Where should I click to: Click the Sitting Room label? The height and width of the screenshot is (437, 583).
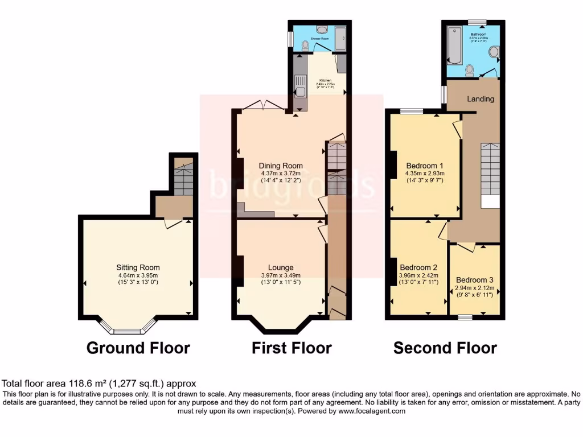click(138, 267)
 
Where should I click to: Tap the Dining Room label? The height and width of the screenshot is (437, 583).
click(281, 166)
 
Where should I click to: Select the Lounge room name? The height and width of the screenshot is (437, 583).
click(281, 267)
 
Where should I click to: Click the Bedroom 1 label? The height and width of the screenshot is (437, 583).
click(424, 166)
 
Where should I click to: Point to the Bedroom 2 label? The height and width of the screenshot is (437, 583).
click(418, 267)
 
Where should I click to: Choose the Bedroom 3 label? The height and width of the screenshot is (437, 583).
click(475, 280)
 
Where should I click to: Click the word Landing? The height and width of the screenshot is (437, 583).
click(481, 99)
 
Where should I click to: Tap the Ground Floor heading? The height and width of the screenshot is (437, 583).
click(138, 348)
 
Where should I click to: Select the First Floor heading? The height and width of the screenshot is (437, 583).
click(291, 348)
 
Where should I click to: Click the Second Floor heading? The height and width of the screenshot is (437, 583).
click(445, 348)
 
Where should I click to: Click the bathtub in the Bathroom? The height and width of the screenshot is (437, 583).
click(454, 45)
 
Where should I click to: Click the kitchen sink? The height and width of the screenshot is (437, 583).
click(299, 91)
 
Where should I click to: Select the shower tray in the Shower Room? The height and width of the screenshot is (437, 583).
click(340, 39)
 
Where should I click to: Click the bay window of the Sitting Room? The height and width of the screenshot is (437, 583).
click(127, 328)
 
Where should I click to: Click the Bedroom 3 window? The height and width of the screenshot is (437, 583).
click(465, 316)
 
